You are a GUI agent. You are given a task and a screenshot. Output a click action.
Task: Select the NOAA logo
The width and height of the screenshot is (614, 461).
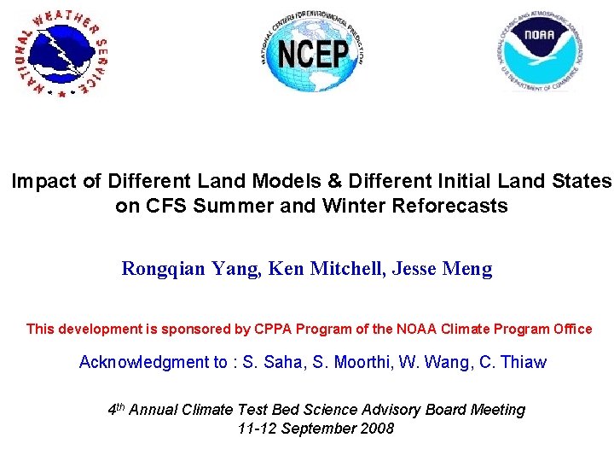(x=539, y=53)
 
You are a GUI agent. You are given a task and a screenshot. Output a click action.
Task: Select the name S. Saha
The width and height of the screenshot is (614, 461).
(x=272, y=363)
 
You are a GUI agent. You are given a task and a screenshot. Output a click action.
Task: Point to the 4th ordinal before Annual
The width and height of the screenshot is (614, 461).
(x=117, y=410)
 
